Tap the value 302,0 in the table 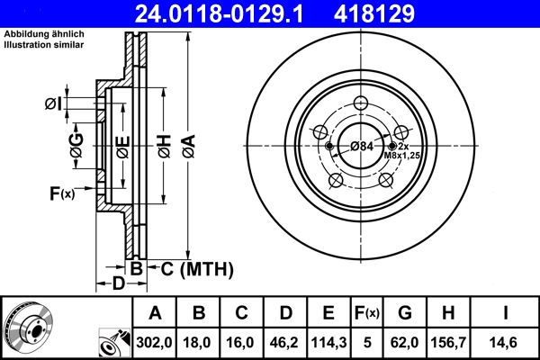(155, 342)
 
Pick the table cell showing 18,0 (199, 342)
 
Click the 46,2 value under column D (285, 342)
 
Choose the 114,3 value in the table (328, 342)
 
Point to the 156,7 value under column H (448, 342)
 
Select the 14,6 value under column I (506, 342)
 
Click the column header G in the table (404, 313)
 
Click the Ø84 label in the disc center (362, 146)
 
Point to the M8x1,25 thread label (402, 156)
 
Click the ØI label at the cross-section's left (53, 103)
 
